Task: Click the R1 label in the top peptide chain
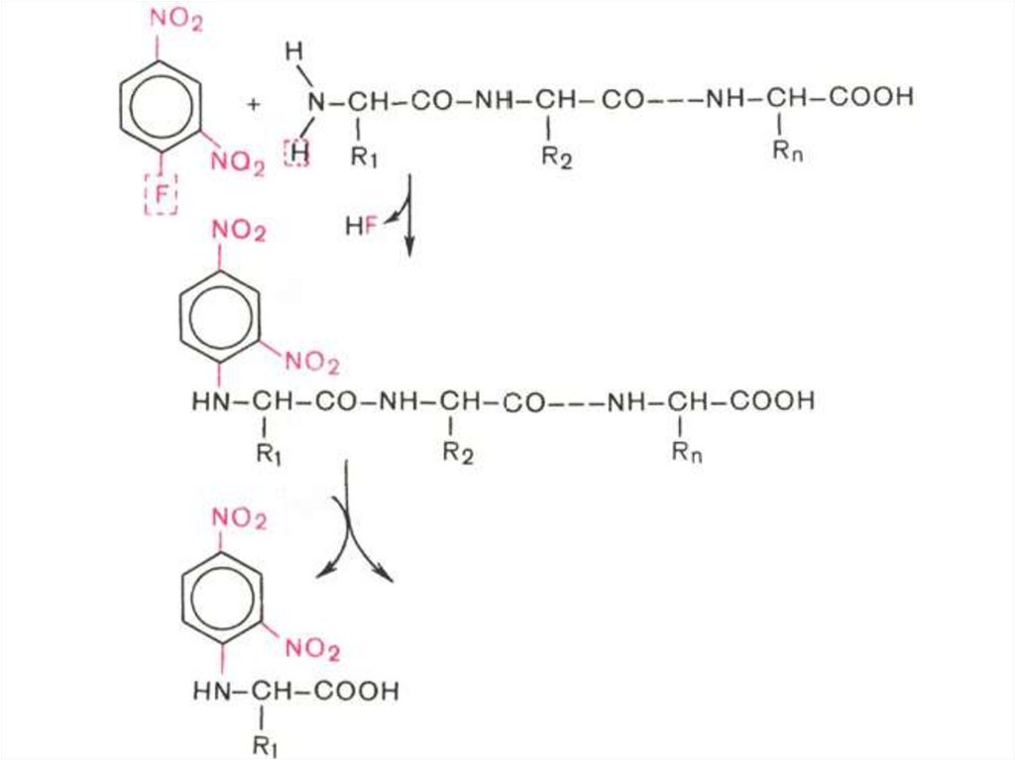[x=366, y=157]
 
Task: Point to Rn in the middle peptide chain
[x=687, y=455]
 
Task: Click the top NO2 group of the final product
[x=239, y=518]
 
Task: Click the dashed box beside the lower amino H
[x=296, y=154]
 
